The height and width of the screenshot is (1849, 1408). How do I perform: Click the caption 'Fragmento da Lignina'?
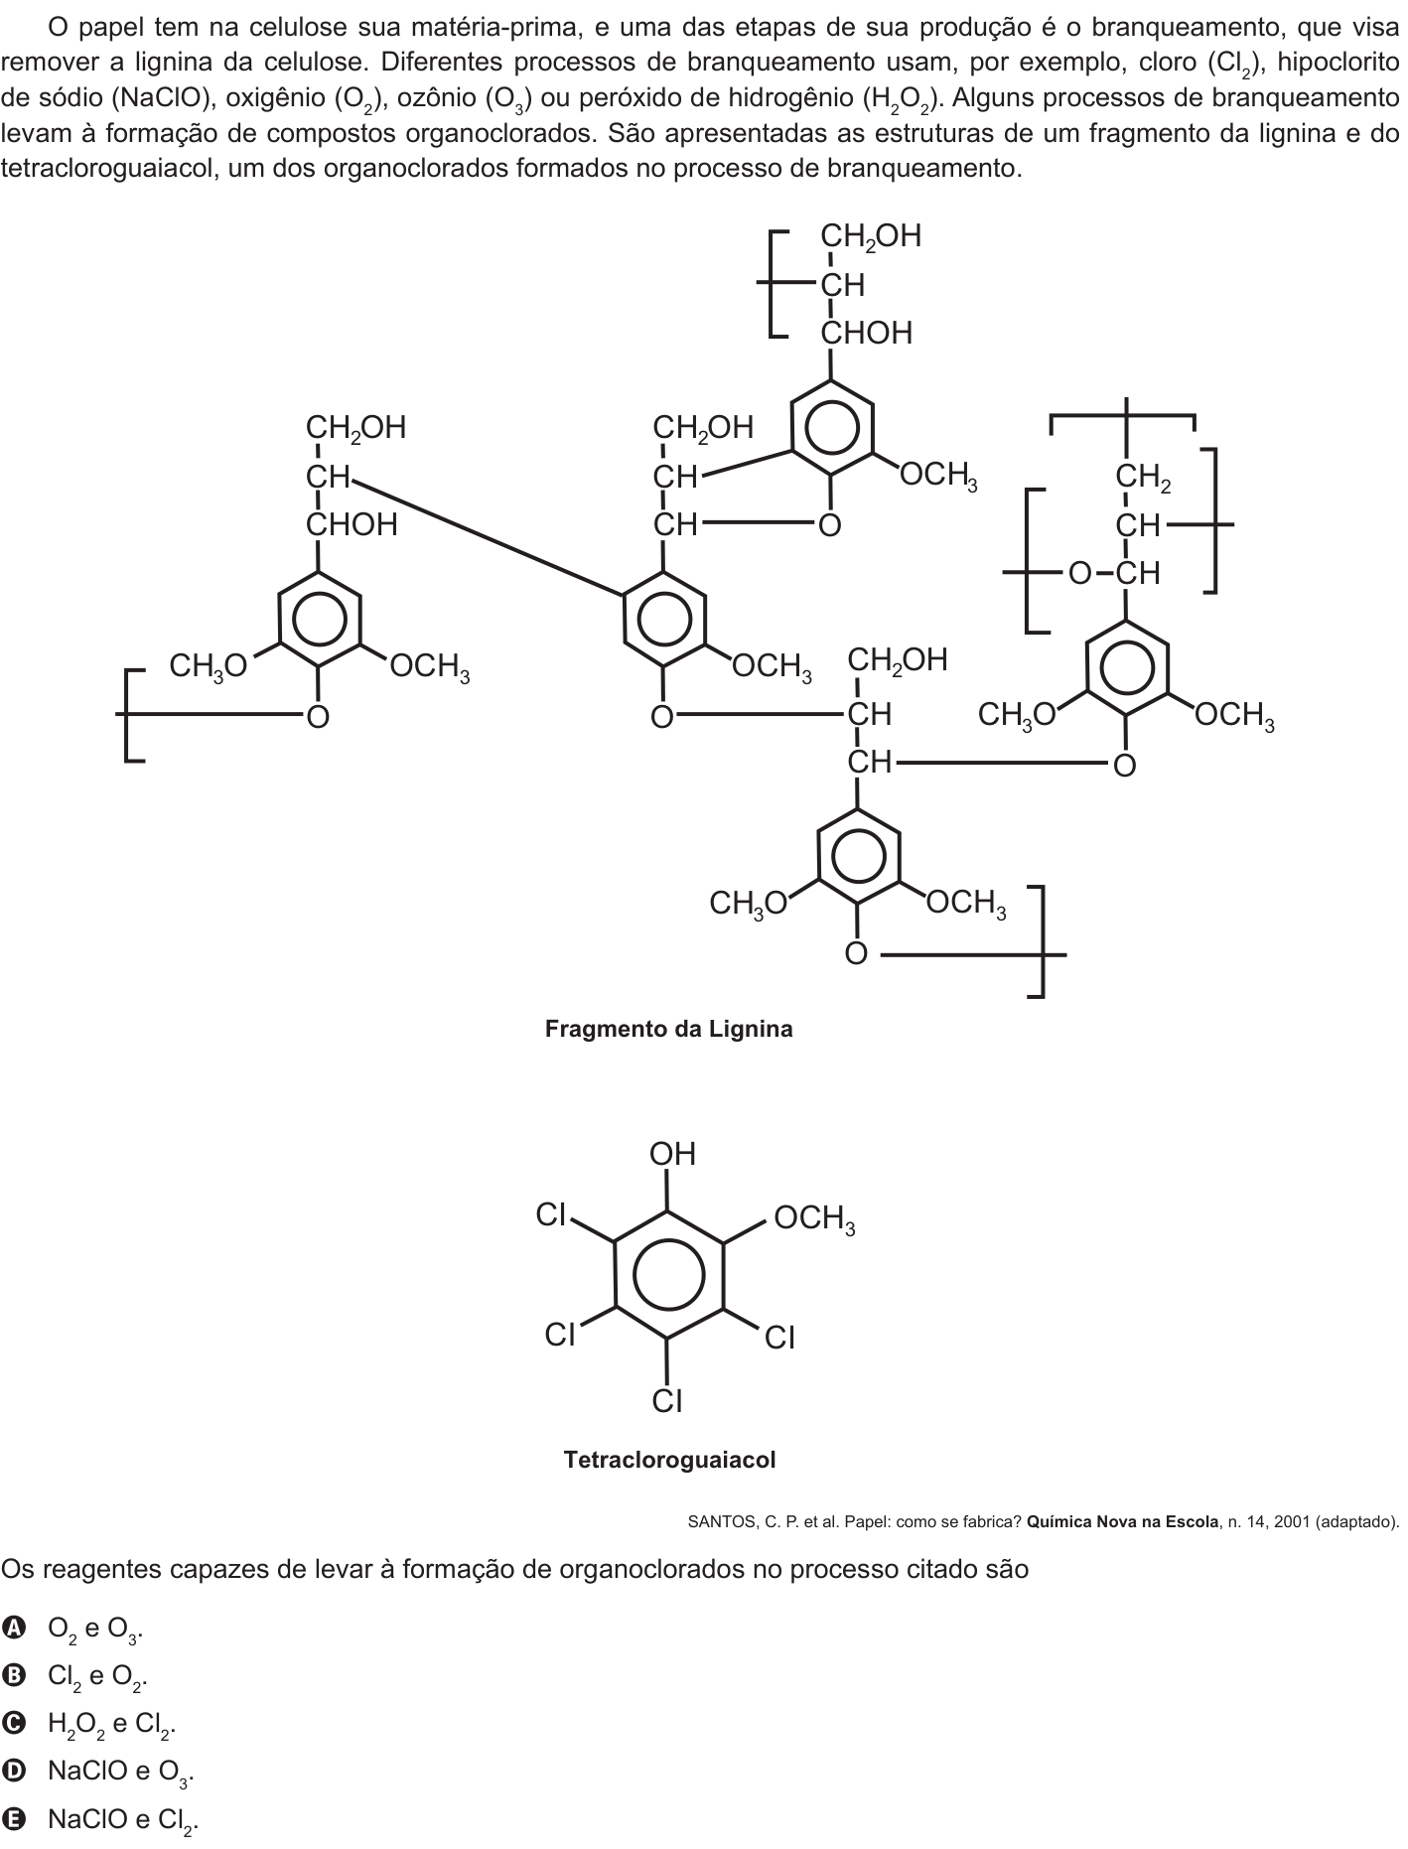[668, 1029]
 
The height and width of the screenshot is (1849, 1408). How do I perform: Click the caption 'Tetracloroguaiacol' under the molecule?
[669, 1460]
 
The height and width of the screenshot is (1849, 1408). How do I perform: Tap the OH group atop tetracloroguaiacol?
[673, 1154]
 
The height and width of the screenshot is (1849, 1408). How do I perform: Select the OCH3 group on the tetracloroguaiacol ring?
[815, 1218]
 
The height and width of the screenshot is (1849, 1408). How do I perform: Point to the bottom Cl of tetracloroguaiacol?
[667, 1400]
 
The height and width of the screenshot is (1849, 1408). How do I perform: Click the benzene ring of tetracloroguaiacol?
[668, 1274]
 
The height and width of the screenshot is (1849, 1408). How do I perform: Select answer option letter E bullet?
[13, 1819]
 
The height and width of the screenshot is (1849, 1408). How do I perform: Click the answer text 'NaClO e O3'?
[120, 1773]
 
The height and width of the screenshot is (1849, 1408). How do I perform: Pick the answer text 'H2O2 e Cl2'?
[111, 1725]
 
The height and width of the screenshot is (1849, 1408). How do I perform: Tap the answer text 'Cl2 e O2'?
[97, 1677]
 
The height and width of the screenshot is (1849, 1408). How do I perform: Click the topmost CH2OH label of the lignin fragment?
[871, 236]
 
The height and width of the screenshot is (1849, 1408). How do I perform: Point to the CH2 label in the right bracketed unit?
[1143, 478]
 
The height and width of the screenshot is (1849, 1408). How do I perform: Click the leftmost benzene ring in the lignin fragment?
[318, 618]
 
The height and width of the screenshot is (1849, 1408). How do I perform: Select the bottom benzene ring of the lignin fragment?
[858, 856]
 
